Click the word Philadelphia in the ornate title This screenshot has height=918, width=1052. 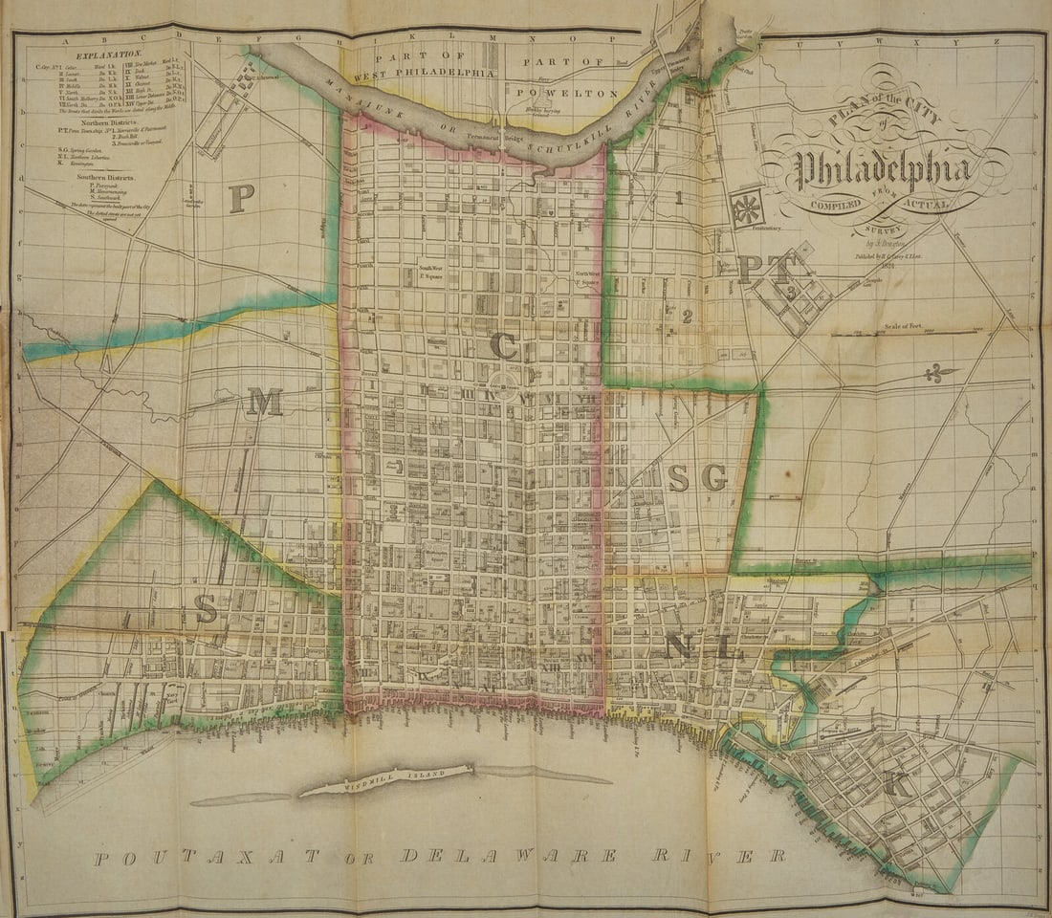pos(884,171)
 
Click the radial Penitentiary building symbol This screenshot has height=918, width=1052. pos(747,208)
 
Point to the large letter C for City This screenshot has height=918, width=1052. pos(504,345)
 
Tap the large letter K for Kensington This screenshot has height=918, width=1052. pos(896,784)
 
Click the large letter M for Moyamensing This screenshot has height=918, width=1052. pos(264,403)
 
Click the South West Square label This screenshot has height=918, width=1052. pos(433,271)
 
